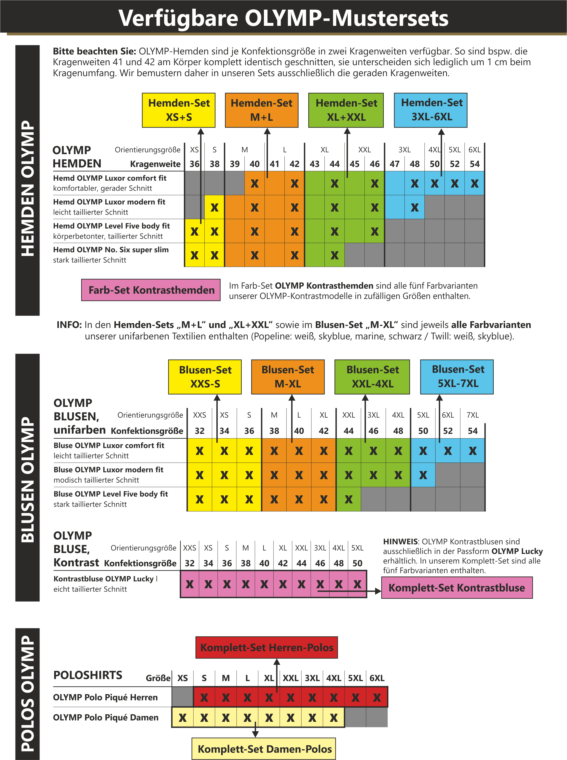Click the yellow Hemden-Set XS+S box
click(x=179, y=110)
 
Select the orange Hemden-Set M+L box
click(x=262, y=110)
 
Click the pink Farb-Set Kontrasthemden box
click(x=151, y=290)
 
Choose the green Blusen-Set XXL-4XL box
click(x=372, y=376)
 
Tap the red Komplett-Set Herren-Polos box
click(x=267, y=647)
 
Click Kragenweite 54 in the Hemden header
click(x=475, y=164)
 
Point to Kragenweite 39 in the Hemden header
click(x=235, y=164)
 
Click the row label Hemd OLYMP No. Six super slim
click(x=111, y=250)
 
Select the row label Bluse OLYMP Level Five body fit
click(x=111, y=494)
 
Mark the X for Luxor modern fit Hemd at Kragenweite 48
click(x=415, y=207)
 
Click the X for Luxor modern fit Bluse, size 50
click(x=423, y=475)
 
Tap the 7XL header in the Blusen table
click(x=473, y=415)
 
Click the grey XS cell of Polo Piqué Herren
click(x=183, y=697)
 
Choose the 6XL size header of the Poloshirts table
click(x=377, y=678)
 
